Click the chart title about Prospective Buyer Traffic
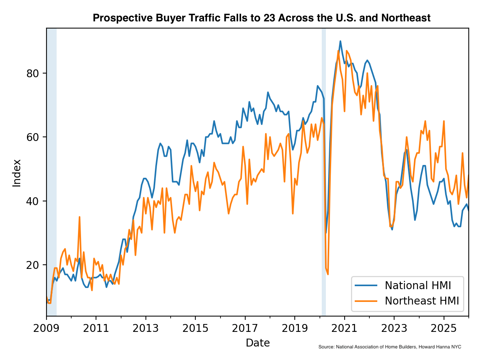point(261,18)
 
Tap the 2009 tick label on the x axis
point(46,328)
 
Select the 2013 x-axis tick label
point(146,328)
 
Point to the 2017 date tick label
point(245,328)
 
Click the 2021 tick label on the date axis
point(344,328)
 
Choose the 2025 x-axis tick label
point(444,328)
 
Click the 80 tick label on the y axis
point(33,73)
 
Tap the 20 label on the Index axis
point(33,265)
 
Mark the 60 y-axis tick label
point(33,137)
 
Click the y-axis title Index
point(17,173)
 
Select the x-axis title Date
point(258,343)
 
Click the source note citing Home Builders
point(390,347)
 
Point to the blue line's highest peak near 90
point(340,41)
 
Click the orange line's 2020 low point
point(328,274)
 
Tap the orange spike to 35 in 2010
point(79,217)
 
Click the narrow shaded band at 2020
point(324,172)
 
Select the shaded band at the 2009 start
point(51,172)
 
